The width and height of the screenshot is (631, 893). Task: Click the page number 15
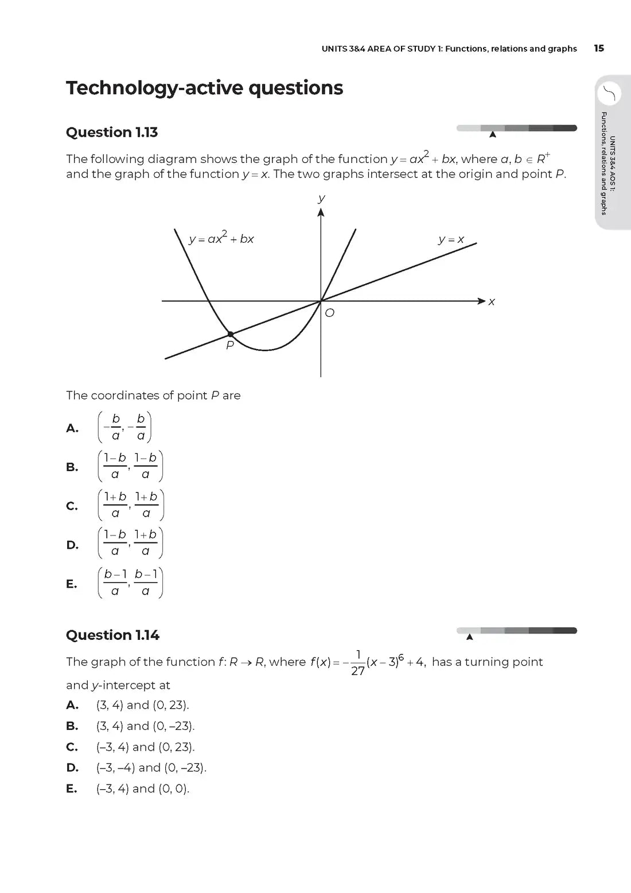coord(599,48)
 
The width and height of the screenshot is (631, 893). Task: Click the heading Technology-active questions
coord(204,88)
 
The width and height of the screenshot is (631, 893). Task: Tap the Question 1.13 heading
coord(112,133)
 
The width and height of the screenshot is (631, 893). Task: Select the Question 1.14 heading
coord(112,635)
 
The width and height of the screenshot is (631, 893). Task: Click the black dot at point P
coord(230,334)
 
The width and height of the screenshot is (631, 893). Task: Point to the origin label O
coord(329,313)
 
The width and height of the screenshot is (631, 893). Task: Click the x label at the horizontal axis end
coord(492,302)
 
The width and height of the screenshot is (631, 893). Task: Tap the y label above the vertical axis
coord(321,199)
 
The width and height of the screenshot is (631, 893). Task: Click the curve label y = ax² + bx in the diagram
coord(221,238)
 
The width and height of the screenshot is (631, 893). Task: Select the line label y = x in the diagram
coord(451,239)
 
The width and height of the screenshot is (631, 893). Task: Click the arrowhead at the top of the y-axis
coord(321,213)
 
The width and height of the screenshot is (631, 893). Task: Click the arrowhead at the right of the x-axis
coord(482,301)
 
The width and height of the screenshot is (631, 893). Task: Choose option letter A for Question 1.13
coord(72,428)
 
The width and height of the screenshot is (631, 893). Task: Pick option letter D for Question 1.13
coord(72,545)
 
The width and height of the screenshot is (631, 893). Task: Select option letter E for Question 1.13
coord(71,584)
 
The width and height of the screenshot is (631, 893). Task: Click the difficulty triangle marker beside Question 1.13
coord(492,135)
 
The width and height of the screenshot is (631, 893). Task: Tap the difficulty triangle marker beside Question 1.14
coord(469,636)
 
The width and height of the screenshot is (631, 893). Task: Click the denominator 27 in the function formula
coord(358,671)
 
